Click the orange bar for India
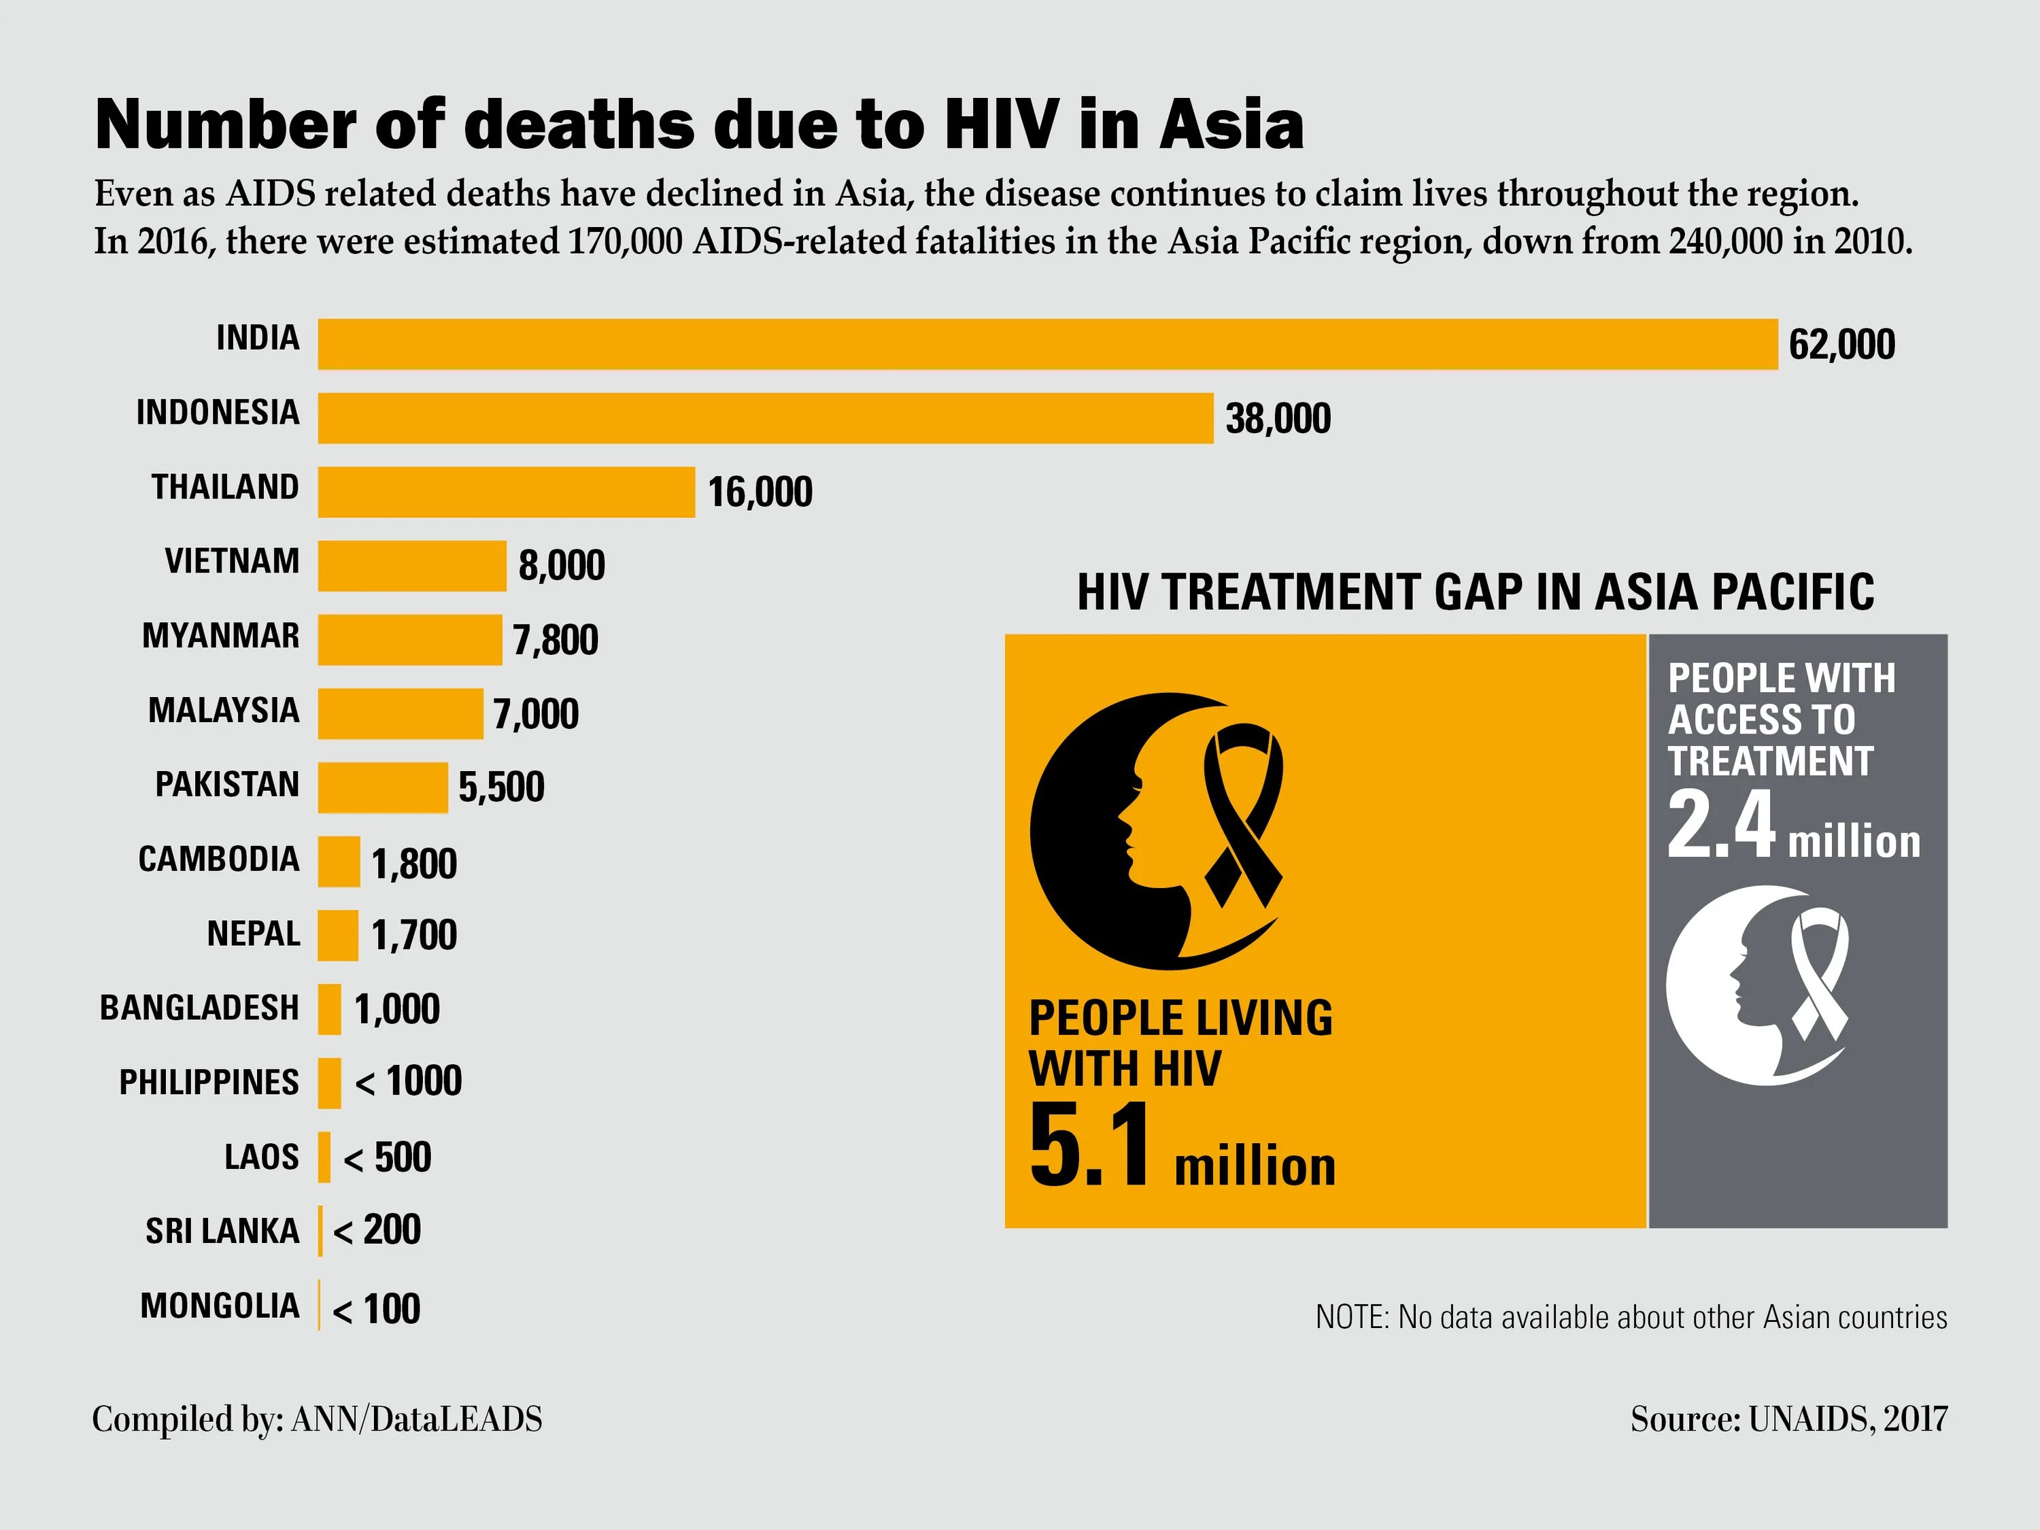click(x=1047, y=344)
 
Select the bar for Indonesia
click(x=766, y=418)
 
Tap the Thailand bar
click(x=507, y=492)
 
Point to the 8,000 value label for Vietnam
click(x=562, y=565)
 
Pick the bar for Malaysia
click(x=401, y=713)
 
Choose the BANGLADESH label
click(x=199, y=1007)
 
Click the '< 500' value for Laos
click(x=388, y=1157)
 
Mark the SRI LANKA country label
click(x=222, y=1231)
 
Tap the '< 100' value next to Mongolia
click(x=376, y=1309)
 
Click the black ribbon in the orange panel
click(x=1243, y=811)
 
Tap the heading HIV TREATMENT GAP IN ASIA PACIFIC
click(x=1476, y=592)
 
